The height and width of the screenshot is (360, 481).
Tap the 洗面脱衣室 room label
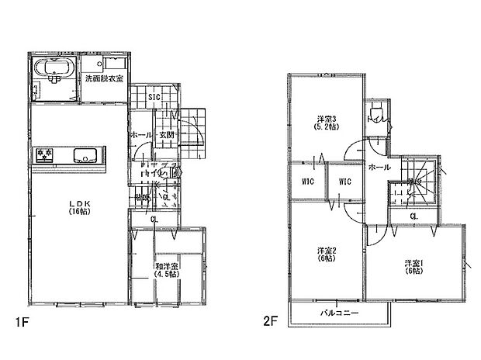[x=103, y=79]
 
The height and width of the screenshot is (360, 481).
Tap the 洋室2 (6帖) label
[x=327, y=255]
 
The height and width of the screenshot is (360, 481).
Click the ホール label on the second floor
[x=379, y=167]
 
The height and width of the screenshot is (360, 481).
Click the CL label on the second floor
[x=414, y=216]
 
